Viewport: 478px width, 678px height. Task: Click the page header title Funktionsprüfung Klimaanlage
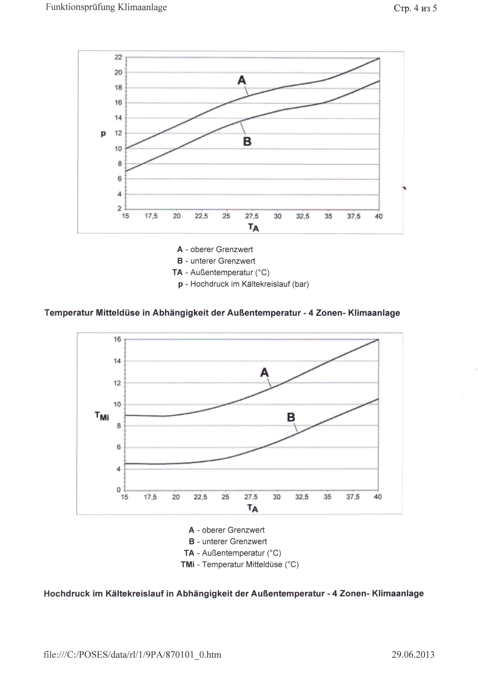pyautogui.click(x=106, y=7)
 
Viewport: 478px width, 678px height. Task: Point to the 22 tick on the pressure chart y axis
pyautogui.click(x=118, y=57)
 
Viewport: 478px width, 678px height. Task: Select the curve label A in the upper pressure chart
pyautogui.click(x=242, y=80)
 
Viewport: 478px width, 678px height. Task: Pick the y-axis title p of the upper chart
pyautogui.click(x=103, y=134)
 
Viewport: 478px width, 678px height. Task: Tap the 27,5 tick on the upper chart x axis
pyautogui.click(x=252, y=216)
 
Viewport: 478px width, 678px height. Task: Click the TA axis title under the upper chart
pyautogui.click(x=253, y=227)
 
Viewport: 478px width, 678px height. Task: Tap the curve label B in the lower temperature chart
pyautogui.click(x=291, y=417)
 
